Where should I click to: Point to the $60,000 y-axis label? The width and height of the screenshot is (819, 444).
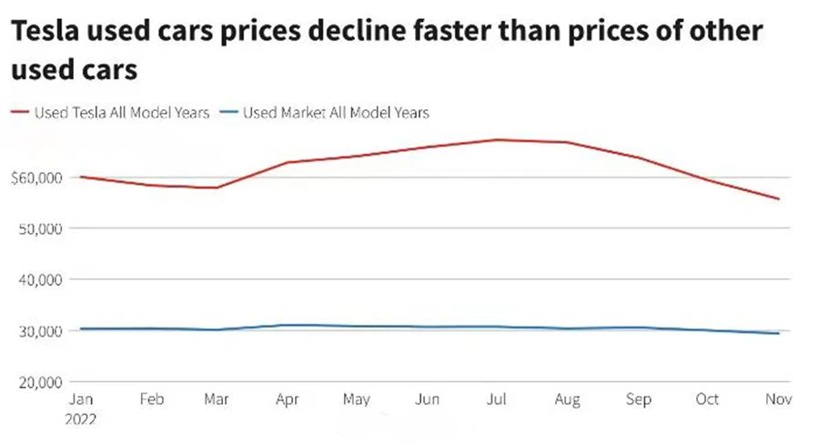tap(35, 177)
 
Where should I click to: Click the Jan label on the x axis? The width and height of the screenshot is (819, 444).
tap(80, 400)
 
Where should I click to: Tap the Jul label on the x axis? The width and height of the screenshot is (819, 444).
tap(498, 400)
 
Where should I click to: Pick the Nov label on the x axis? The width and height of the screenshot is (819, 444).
tap(778, 400)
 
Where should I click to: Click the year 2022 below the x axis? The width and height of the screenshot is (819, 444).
tap(82, 419)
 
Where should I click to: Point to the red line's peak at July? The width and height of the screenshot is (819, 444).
tap(498, 139)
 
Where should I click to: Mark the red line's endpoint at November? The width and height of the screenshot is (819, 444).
tap(778, 198)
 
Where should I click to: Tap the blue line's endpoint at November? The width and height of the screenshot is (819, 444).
tap(778, 333)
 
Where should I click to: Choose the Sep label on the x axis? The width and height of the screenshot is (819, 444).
tap(638, 400)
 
